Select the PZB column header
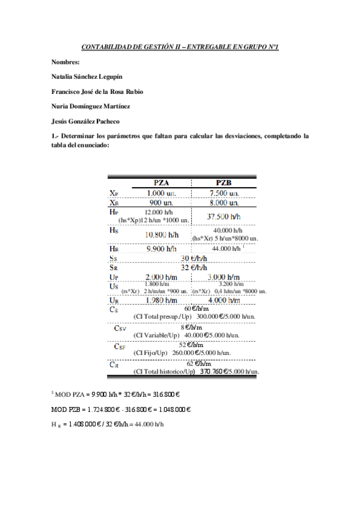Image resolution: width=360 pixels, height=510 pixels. tap(224, 183)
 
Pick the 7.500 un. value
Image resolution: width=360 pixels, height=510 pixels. tap(224, 193)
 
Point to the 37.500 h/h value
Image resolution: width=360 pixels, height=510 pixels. tap(224, 217)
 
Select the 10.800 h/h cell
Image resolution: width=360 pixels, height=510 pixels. tap(162, 235)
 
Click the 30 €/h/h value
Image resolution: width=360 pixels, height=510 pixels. tap(194, 258)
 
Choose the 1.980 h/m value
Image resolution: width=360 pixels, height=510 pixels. tap(162, 300)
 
